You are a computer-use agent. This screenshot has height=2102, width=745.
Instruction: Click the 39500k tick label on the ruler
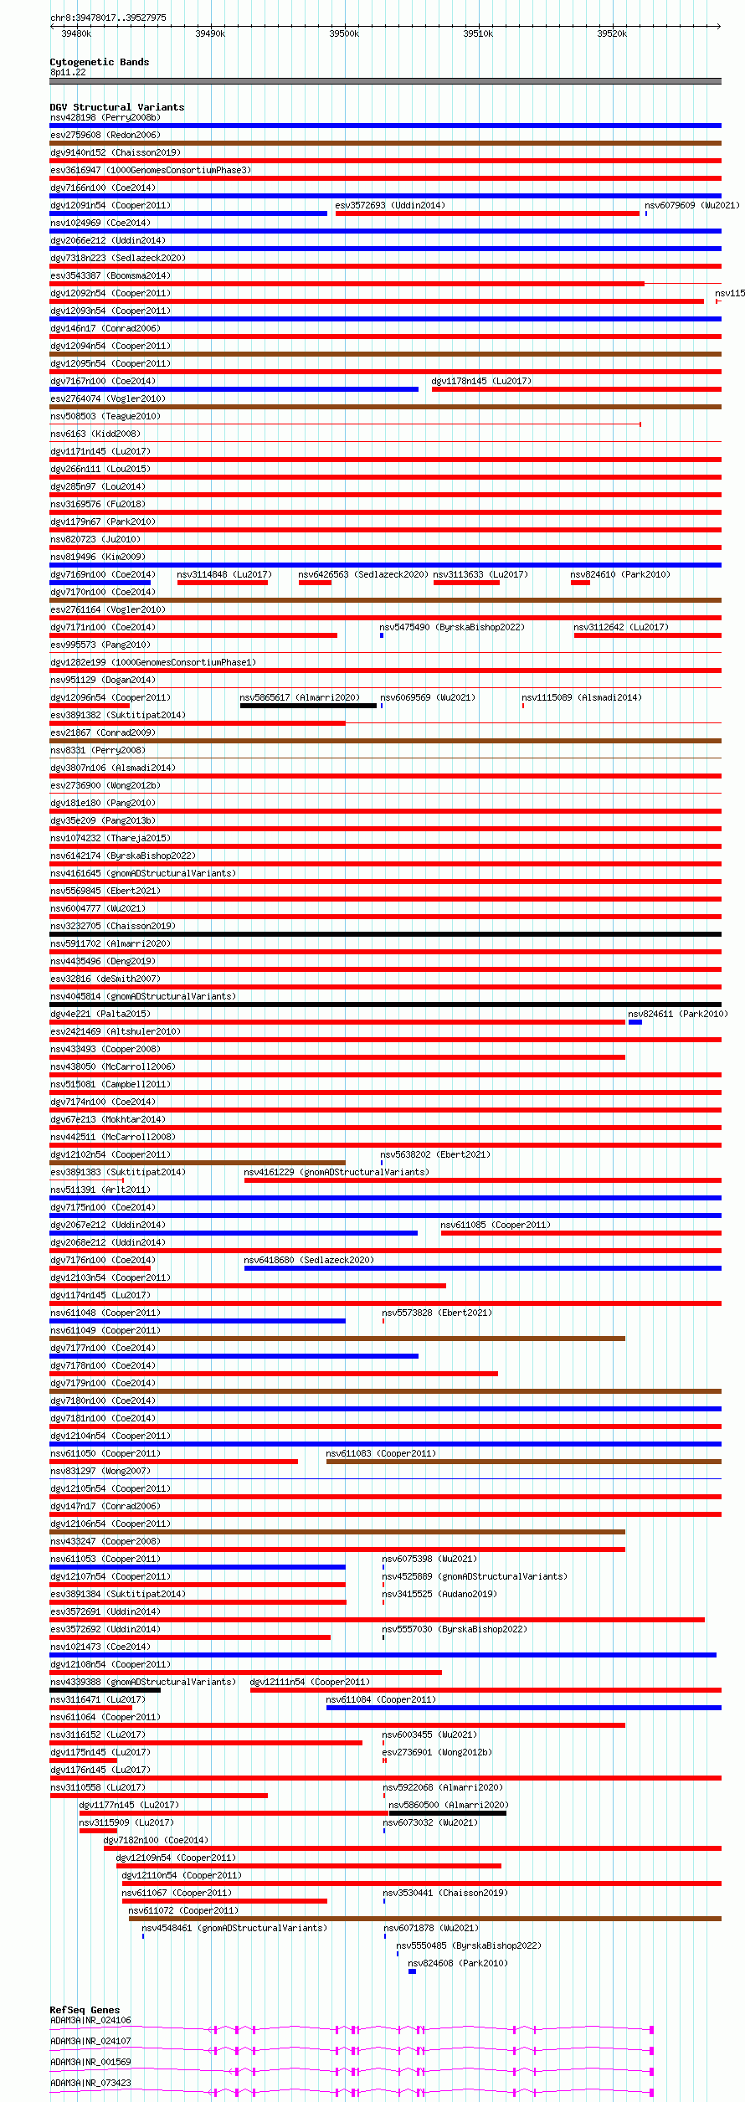tap(343, 33)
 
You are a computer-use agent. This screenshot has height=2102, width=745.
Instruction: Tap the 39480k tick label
tap(76, 33)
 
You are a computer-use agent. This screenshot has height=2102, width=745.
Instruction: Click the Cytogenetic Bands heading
tap(99, 62)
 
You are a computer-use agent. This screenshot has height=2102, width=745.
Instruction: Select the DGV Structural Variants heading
tap(116, 107)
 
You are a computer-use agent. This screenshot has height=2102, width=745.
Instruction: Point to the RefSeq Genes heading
tap(85, 2010)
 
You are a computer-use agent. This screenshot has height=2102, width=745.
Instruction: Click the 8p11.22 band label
tap(68, 72)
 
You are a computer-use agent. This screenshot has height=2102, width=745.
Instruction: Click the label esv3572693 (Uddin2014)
tap(390, 205)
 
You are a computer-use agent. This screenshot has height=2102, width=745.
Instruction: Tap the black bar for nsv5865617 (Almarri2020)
tap(308, 706)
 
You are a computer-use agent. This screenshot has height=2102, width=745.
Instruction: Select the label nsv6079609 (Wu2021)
tap(691, 205)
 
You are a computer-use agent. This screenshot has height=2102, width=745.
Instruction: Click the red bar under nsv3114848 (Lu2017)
tap(222, 583)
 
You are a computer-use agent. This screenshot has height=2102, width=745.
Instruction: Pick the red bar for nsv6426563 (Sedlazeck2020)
tap(315, 583)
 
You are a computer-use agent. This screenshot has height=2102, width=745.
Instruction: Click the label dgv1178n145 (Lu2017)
tap(481, 381)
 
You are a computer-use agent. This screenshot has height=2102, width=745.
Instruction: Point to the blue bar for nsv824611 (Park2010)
tap(635, 1022)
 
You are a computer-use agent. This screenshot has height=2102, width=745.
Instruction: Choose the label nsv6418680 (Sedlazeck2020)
tap(308, 1260)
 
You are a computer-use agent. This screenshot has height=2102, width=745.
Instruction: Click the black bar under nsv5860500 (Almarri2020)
tap(447, 1813)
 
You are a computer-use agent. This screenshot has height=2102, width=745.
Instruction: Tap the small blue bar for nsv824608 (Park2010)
tap(412, 1971)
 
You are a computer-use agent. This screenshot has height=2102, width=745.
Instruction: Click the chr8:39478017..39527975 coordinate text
tap(108, 18)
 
